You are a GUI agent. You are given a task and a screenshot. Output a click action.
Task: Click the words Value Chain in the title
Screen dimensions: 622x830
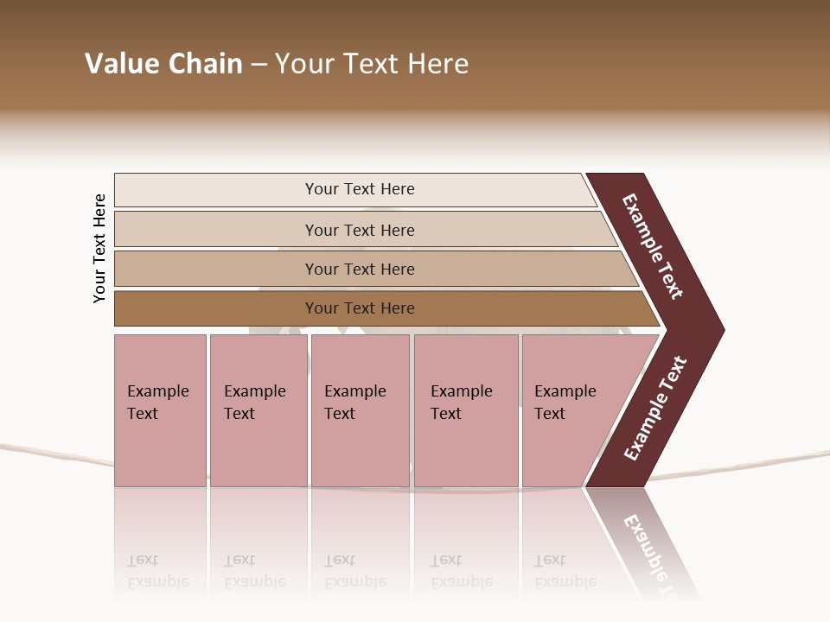(x=163, y=64)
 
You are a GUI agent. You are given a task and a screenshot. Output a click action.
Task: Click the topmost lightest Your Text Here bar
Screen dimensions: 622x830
(x=360, y=189)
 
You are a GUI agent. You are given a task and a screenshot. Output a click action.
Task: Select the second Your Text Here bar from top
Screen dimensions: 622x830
(x=360, y=230)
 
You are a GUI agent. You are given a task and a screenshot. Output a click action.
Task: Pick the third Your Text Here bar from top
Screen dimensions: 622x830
(x=360, y=269)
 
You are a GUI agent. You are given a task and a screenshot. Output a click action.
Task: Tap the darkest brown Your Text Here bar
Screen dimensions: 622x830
(x=360, y=308)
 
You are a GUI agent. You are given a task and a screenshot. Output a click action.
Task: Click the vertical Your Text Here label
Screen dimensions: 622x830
(x=99, y=248)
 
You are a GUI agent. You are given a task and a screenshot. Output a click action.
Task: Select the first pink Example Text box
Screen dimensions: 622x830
(x=160, y=410)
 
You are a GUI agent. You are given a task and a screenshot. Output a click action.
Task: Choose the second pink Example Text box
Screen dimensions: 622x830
(x=258, y=410)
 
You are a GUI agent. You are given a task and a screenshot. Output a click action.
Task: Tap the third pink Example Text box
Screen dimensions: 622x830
(x=360, y=410)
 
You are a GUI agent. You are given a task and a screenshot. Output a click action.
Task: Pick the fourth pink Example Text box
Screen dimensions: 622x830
(x=466, y=410)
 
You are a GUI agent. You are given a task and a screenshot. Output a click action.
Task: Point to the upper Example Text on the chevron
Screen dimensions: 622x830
(x=654, y=246)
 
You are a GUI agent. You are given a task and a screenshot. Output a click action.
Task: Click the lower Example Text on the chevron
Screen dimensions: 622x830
(x=655, y=409)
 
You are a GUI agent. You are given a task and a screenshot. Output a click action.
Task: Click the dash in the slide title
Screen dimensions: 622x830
(x=259, y=64)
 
